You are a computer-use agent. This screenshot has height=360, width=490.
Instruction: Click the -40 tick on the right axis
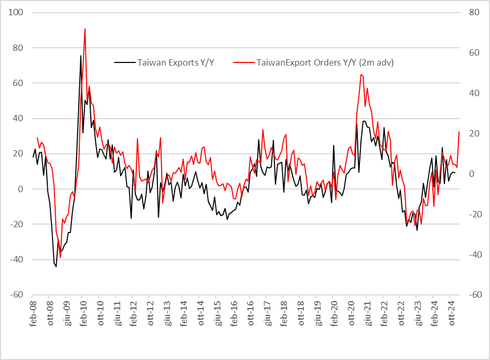474,255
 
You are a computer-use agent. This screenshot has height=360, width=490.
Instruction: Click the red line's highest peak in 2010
85,29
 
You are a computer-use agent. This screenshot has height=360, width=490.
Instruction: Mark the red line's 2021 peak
361,74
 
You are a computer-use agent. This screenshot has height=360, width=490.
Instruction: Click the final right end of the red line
459,132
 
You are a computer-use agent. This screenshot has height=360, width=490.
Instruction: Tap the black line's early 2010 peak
81,56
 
